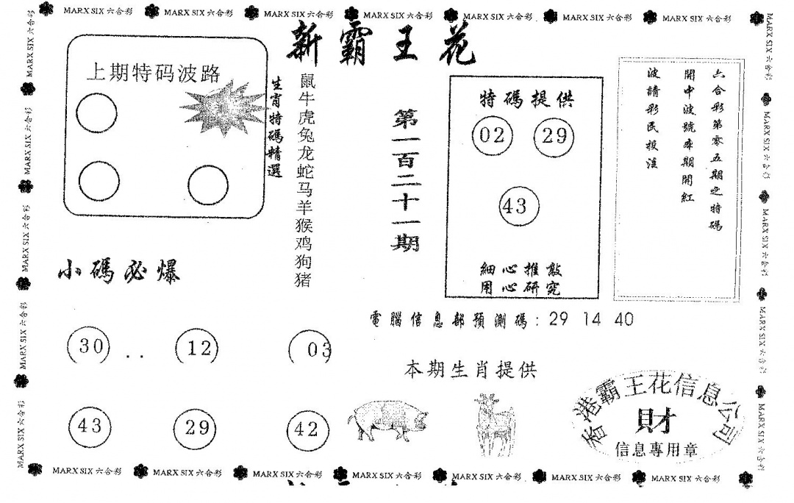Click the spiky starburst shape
click(223, 111)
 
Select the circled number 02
click(492, 135)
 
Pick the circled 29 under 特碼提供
click(553, 135)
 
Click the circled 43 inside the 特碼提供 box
click(518, 206)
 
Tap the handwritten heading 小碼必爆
click(118, 273)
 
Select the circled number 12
click(198, 348)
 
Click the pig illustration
click(387, 421)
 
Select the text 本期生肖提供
click(471, 370)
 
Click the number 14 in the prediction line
click(592, 321)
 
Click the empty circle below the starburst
click(207, 185)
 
